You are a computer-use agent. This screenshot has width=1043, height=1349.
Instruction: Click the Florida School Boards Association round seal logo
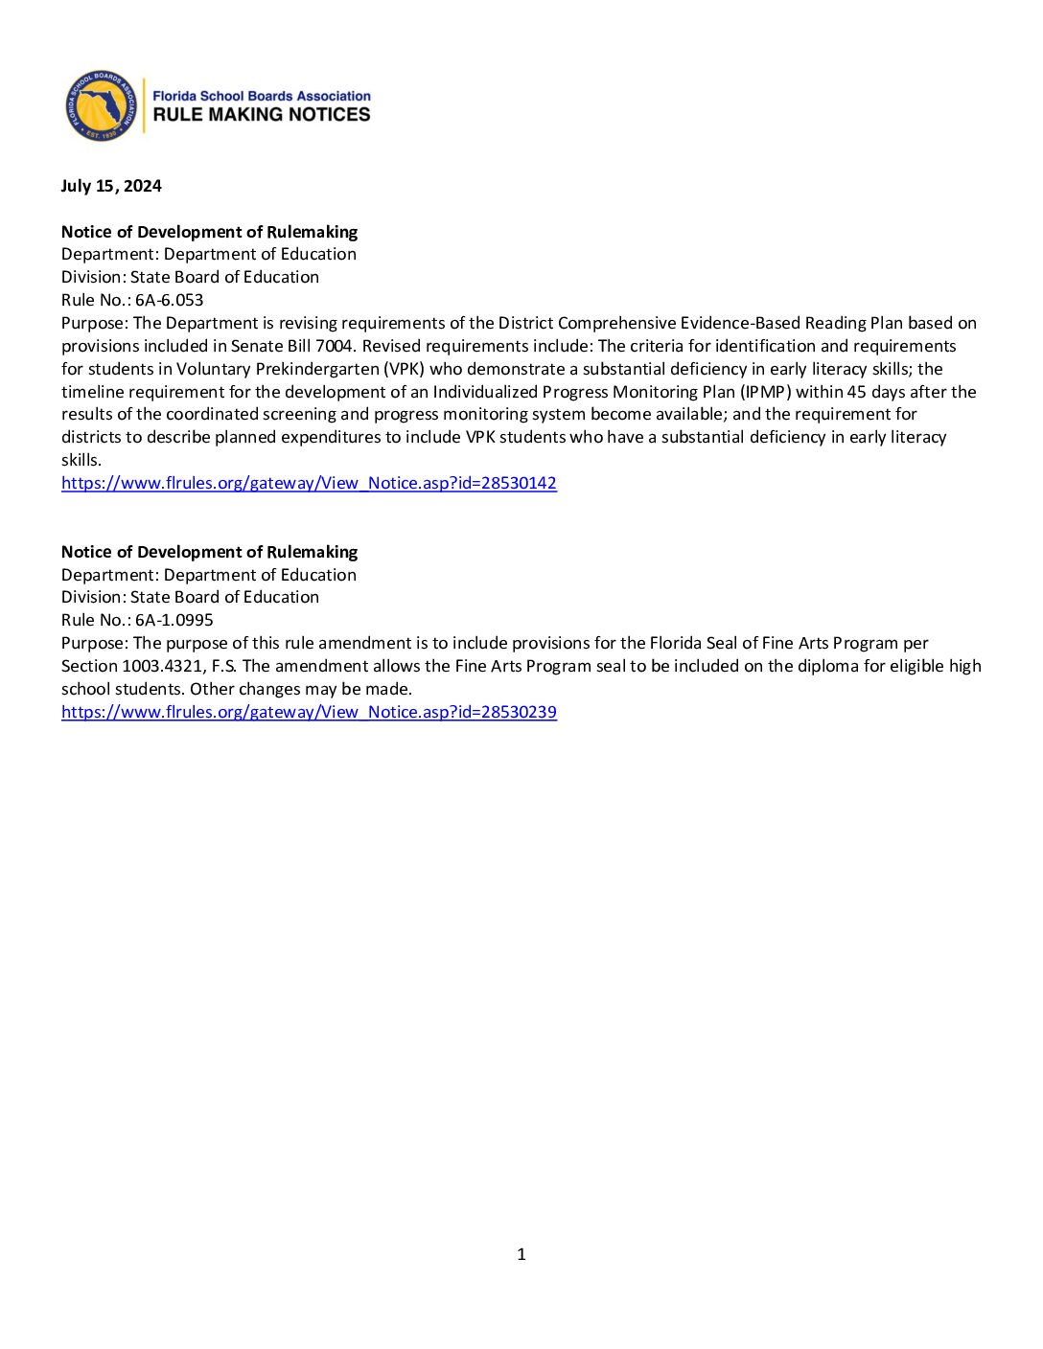pyautogui.click(x=101, y=105)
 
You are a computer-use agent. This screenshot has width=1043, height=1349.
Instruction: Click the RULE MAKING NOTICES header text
pyautogui.click(x=262, y=115)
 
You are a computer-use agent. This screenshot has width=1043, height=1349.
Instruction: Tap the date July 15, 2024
pyautogui.click(x=111, y=186)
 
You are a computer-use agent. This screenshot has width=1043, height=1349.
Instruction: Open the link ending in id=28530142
pyautogui.click(x=309, y=483)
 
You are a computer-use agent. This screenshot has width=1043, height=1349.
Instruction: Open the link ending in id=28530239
pyautogui.click(x=309, y=712)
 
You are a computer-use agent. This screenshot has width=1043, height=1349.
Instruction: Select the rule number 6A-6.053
pyautogui.click(x=170, y=300)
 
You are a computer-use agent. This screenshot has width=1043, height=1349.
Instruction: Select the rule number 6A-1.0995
pyautogui.click(x=174, y=620)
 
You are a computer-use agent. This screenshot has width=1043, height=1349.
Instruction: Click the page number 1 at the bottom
pyautogui.click(x=521, y=1254)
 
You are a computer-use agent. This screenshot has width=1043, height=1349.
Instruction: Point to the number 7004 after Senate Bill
pyautogui.click(x=335, y=346)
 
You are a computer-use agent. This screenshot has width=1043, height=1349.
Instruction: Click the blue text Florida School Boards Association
pyautogui.click(x=262, y=96)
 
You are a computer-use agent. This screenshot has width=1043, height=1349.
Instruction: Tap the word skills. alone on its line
pyautogui.click(x=81, y=460)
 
